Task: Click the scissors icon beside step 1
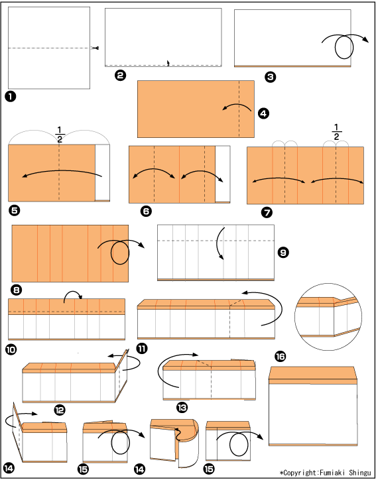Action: click(x=95, y=48)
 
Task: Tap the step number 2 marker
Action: click(x=121, y=76)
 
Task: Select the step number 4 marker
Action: click(x=263, y=113)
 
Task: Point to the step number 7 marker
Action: click(x=267, y=212)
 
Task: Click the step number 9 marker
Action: click(x=283, y=253)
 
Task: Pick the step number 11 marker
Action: click(x=142, y=349)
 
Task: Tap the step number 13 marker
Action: click(x=182, y=408)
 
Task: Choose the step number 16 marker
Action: click(x=280, y=357)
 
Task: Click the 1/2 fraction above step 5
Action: click(x=60, y=135)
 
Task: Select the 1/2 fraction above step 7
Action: click(x=336, y=132)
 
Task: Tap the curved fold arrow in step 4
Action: click(x=237, y=105)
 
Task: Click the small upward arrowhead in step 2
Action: click(x=168, y=63)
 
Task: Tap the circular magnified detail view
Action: click(x=328, y=317)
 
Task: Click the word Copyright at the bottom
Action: click(x=300, y=473)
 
